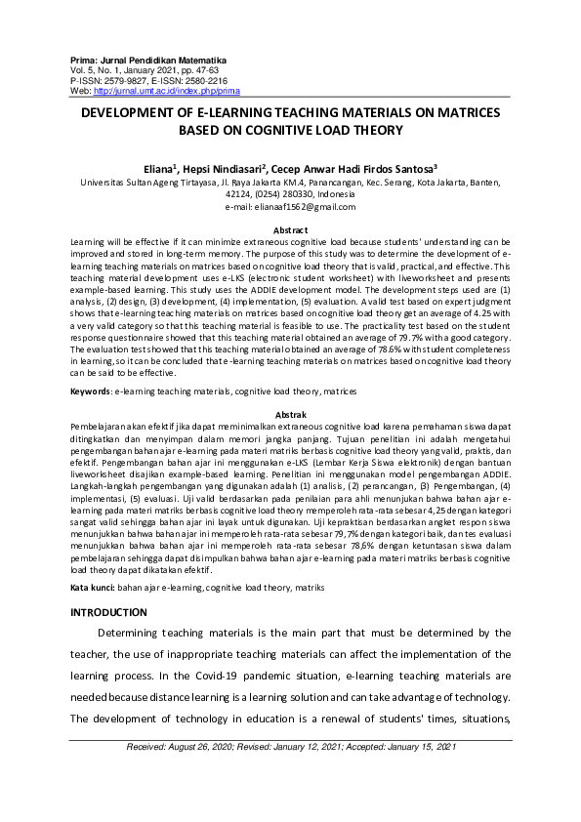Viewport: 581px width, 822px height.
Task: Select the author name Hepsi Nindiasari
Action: [228, 167]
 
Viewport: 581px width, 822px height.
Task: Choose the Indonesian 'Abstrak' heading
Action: [290, 415]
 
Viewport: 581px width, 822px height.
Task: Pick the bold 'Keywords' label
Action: [91, 390]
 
